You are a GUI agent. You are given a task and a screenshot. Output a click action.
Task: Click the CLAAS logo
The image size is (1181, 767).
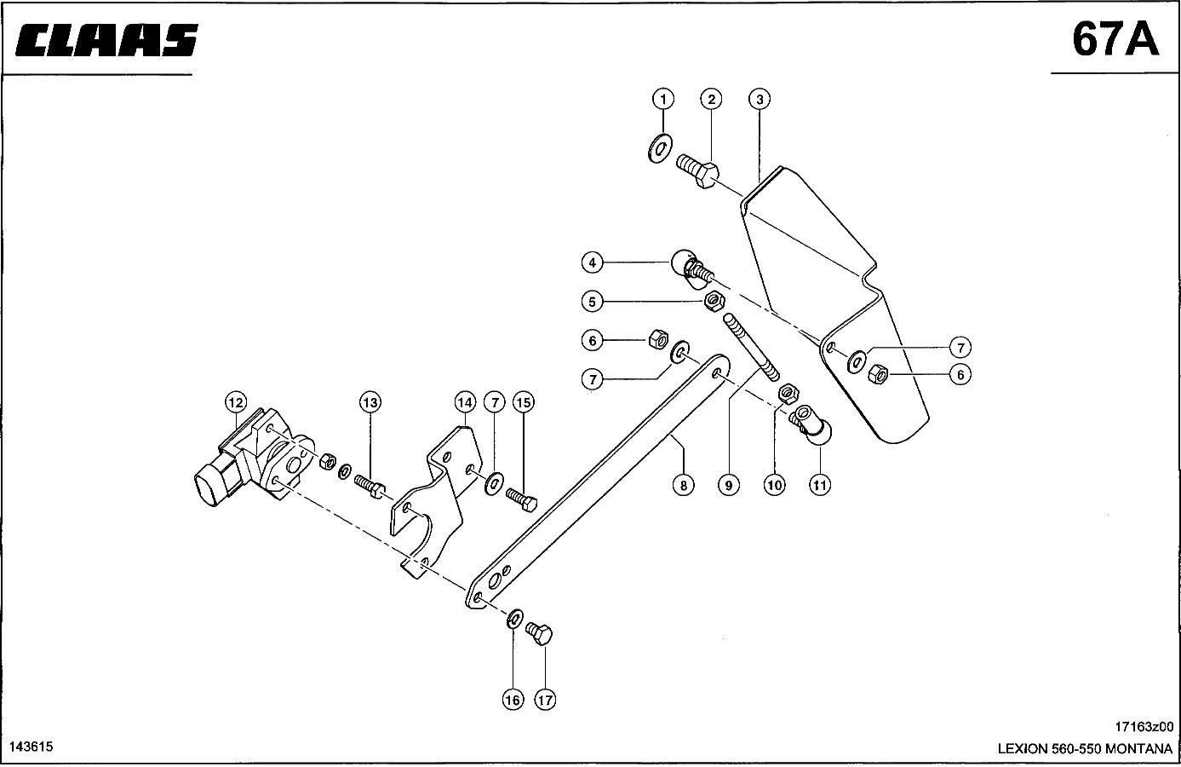click(106, 40)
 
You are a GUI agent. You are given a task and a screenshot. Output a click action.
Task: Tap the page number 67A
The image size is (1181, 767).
click(1115, 40)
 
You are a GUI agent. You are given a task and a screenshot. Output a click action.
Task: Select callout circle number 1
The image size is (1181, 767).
click(663, 99)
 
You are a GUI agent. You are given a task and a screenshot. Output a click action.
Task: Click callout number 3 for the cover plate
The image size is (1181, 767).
click(760, 99)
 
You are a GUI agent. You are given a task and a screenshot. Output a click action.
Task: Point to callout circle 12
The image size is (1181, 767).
click(236, 403)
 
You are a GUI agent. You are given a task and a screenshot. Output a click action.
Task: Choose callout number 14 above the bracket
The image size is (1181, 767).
click(465, 403)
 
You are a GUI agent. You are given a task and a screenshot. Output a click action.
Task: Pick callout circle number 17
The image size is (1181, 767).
click(545, 700)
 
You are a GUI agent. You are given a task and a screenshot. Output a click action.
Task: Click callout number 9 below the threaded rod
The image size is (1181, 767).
click(729, 485)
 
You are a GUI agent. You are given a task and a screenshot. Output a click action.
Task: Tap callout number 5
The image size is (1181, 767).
click(592, 302)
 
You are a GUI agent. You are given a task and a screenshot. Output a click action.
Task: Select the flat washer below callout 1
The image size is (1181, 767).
click(660, 148)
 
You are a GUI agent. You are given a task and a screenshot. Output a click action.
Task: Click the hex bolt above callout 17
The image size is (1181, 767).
click(539, 633)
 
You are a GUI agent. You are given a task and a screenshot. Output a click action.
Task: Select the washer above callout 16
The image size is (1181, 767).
click(515, 618)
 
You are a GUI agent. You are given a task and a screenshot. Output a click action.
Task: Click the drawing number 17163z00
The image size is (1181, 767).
click(1144, 726)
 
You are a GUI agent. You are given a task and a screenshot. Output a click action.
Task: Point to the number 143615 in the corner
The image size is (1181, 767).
click(32, 747)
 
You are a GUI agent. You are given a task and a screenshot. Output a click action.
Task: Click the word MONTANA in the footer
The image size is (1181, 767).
click(1138, 748)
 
